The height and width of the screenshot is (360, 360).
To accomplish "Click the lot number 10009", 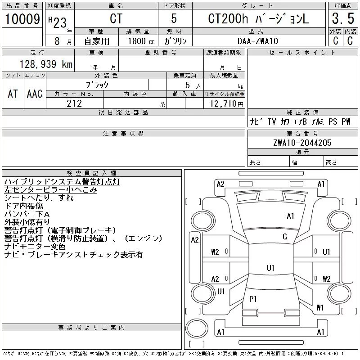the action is (x=22, y=19).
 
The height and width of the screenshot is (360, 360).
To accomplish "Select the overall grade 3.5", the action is (x=343, y=18).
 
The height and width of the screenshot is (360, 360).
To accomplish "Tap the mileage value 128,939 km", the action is (x=46, y=64).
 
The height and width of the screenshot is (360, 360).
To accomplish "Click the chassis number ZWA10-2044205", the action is (x=302, y=143).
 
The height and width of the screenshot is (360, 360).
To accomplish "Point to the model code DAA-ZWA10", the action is (x=257, y=41).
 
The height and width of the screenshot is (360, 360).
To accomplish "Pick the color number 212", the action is (x=74, y=103).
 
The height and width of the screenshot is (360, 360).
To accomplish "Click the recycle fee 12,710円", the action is (x=227, y=103).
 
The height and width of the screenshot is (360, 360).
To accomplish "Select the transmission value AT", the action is (x=13, y=94).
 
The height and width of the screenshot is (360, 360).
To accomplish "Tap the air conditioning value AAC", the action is (x=35, y=94).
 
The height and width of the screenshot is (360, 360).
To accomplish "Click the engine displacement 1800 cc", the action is (x=141, y=41).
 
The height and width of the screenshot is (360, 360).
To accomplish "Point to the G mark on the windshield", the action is (x=285, y=237).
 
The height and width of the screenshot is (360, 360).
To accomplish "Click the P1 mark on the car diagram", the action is (x=253, y=299).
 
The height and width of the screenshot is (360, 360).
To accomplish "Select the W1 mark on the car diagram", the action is (x=320, y=307).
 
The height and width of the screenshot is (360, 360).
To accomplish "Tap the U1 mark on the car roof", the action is (x=270, y=268).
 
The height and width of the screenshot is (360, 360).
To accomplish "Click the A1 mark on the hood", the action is (x=290, y=216).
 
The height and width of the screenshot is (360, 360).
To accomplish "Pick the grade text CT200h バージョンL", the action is (x=258, y=18).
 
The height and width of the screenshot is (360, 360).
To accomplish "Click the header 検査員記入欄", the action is (x=91, y=173).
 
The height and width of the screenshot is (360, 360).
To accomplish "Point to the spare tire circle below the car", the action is (x=197, y=328).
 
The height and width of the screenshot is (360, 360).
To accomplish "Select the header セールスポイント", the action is (x=302, y=53).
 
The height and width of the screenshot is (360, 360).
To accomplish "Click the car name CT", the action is (x=116, y=18).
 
